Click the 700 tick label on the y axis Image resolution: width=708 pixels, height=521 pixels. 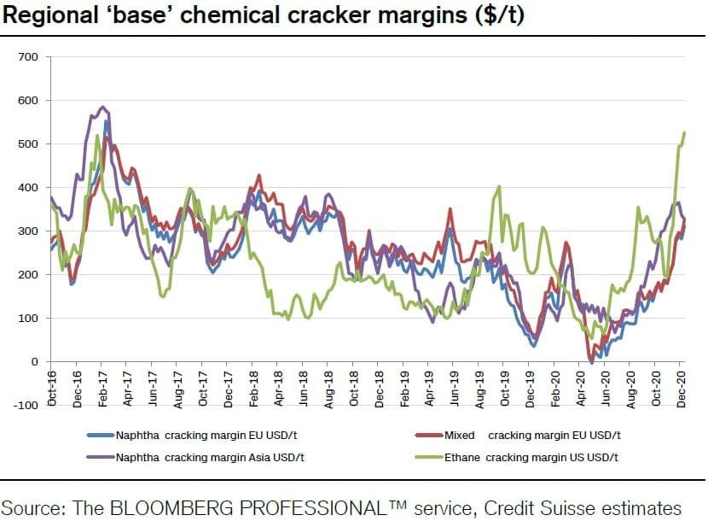28,56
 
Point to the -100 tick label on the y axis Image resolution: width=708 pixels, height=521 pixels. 25,406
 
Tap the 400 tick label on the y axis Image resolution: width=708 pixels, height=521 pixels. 28,187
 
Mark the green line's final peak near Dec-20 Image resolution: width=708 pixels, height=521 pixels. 684,133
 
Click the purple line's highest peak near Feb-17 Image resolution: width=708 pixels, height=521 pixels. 103,107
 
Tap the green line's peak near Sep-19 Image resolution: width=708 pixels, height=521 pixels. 499,186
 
